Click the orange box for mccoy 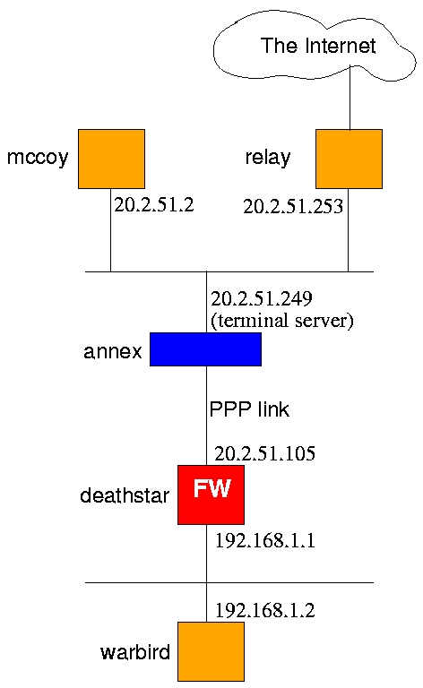[111, 159]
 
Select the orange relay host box [349, 159]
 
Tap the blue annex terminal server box [205, 349]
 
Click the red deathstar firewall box [211, 494]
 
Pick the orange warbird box [211, 651]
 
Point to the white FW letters [211, 488]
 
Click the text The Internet [318, 46]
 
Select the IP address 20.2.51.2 [154, 205]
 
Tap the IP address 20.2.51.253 [293, 207]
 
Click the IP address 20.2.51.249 [262, 299]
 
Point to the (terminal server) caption [282, 321]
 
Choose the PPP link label [249, 409]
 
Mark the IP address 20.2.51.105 [264, 453]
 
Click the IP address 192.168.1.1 [265, 540]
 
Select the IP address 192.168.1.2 [265, 610]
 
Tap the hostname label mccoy [38, 158]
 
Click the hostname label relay [268, 158]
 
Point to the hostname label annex [113, 351]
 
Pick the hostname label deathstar [125, 495]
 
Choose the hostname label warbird [135, 652]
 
